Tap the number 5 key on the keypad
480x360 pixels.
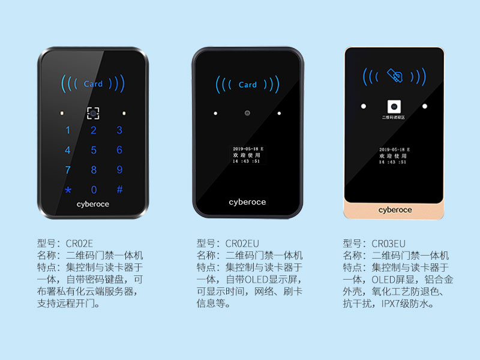(x=94, y=150)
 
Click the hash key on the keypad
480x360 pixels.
(x=119, y=190)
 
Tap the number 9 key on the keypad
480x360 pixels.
(x=119, y=170)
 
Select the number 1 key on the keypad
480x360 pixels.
(x=68, y=130)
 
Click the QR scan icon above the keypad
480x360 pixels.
(x=93, y=112)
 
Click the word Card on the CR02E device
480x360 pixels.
(x=93, y=84)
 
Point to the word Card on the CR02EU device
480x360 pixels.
(x=247, y=85)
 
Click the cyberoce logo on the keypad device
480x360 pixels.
(x=93, y=204)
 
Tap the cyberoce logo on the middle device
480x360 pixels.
(x=247, y=202)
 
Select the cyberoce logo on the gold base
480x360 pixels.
(x=395, y=209)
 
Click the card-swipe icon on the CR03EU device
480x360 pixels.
(x=394, y=76)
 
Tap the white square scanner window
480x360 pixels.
(x=394, y=106)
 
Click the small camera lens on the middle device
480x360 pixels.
(x=247, y=113)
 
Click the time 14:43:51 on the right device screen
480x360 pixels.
(x=394, y=161)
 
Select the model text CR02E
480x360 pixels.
(x=79, y=243)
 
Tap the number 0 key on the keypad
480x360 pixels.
(x=94, y=190)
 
